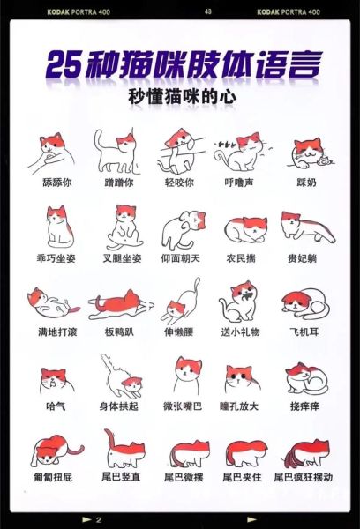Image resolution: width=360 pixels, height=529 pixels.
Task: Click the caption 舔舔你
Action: (x=55, y=182)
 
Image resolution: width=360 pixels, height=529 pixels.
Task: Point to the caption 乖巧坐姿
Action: (x=55, y=261)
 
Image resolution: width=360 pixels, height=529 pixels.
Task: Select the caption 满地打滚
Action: (x=55, y=332)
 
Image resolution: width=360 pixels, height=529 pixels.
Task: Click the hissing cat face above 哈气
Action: (x=55, y=379)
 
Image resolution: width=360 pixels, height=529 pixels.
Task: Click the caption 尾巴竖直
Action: (x=117, y=477)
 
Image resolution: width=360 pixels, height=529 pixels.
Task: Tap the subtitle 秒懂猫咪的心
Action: (x=180, y=96)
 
